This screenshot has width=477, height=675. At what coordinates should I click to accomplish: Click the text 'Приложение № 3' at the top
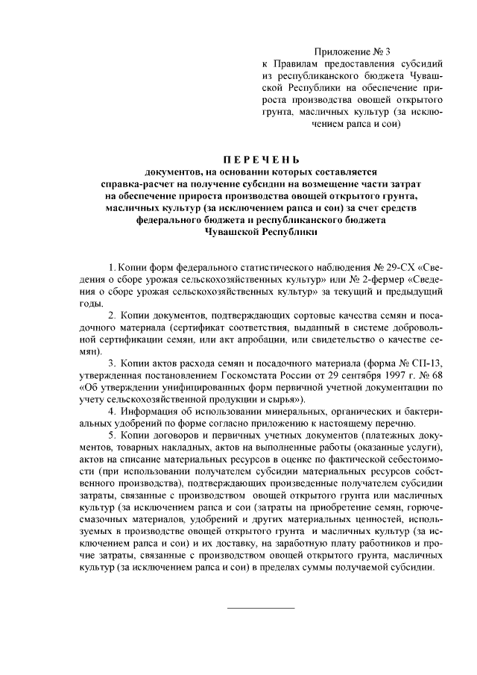(x=352, y=52)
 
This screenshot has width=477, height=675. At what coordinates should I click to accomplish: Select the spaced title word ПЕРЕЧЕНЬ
(x=262, y=158)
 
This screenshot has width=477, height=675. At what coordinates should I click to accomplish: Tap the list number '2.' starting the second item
(x=112, y=315)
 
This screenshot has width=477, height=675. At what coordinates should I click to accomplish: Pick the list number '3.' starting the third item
(x=112, y=362)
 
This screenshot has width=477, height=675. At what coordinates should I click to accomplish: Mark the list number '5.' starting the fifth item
(x=112, y=435)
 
